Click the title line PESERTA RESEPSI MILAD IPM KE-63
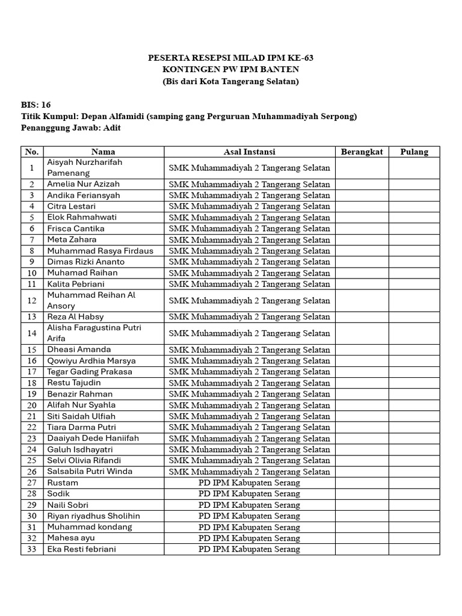230,58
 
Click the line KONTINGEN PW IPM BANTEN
230,70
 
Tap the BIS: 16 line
36,105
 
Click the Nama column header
103,152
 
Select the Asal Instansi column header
249,152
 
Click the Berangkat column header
362,152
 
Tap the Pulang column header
414,152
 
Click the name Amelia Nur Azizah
84,184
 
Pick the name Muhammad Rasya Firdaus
100,251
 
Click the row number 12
32,300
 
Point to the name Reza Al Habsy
75,316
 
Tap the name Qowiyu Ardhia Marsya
91,361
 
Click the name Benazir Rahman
80,394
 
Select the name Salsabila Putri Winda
90,471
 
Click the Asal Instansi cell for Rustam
249,482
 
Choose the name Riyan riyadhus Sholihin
94,516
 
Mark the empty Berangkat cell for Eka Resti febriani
362,549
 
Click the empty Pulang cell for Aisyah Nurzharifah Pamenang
414,168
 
